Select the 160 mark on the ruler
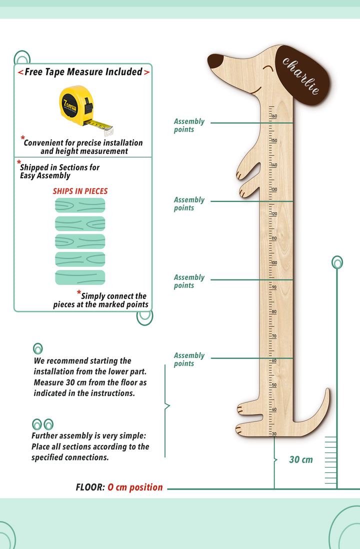273,116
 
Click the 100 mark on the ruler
273,262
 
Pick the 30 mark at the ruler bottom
273,433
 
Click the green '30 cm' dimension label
300,459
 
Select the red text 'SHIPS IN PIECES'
80,191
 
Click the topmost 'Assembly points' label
189,125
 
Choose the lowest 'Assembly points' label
189,359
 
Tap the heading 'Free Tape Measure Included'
83,72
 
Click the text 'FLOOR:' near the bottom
90,487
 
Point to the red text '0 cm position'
135,487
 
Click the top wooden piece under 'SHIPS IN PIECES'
80,205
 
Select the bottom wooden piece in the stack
80,277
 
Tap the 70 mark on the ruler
273,336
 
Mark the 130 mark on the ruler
273,189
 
